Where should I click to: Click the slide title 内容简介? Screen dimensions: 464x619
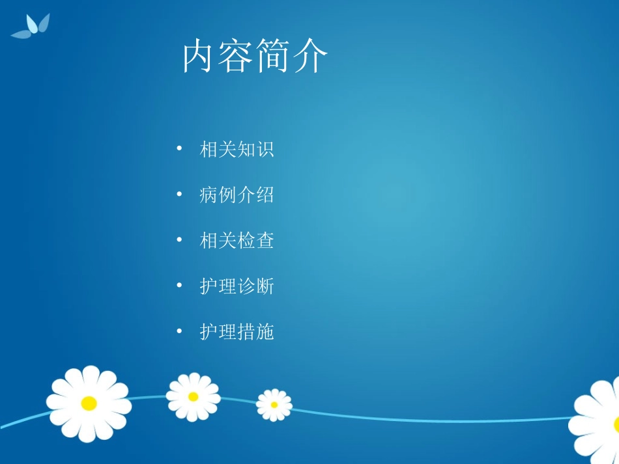(x=255, y=57)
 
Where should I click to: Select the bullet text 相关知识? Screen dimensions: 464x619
(x=237, y=150)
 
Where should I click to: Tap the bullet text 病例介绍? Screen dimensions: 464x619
(x=237, y=195)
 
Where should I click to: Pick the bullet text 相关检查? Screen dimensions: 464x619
(x=237, y=241)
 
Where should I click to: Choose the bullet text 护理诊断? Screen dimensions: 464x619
(x=237, y=286)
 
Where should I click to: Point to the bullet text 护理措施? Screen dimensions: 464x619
(x=237, y=333)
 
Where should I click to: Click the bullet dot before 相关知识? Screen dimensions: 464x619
(x=179, y=150)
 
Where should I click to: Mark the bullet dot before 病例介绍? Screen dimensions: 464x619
(x=179, y=195)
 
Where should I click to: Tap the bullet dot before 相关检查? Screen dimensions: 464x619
(x=179, y=241)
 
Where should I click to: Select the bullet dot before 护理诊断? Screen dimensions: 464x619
(x=179, y=286)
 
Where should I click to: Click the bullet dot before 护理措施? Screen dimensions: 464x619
(x=179, y=333)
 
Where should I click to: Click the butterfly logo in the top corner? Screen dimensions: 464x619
(x=32, y=27)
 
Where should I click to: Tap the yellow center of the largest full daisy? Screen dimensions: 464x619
(x=89, y=403)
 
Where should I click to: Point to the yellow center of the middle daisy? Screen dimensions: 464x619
(x=193, y=396)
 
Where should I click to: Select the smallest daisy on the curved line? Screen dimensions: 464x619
(x=274, y=405)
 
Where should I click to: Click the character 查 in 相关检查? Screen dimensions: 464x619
(x=265, y=241)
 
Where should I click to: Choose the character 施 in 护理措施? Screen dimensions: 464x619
(x=265, y=333)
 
